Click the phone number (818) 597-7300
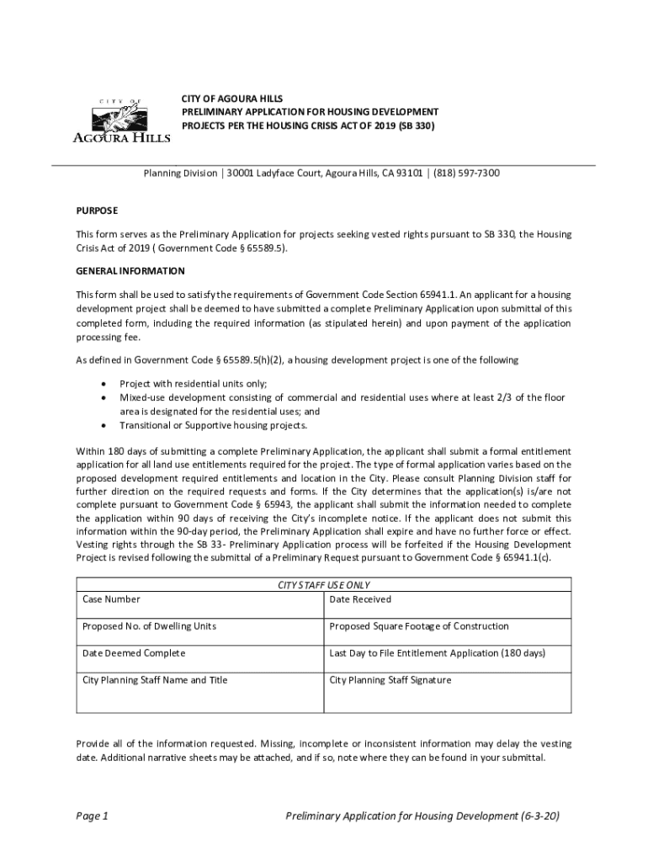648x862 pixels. click(x=466, y=173)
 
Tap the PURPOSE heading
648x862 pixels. click(x=97, y=210)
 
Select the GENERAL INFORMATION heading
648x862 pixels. click(x=130, y=271)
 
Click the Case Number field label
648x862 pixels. click(x=111, y=599)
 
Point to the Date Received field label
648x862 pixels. click(x=360, y=599)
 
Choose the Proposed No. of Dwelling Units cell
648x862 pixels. click(x=149, y=626)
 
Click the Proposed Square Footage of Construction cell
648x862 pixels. click(x=419, y=626)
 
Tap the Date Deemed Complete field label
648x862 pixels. click(x=134, y=653)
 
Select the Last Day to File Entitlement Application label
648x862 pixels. click(x=438, y=653)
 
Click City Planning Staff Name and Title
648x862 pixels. click(x=155, y=680)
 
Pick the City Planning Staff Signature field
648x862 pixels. click(x=390, y=680)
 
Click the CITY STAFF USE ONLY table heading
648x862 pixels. click(x=324, y=585)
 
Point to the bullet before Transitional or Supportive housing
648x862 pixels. click(x=103, y=426)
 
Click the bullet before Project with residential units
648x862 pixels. click(x=103, y=384)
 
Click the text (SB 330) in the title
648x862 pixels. click(x=417, y=125)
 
